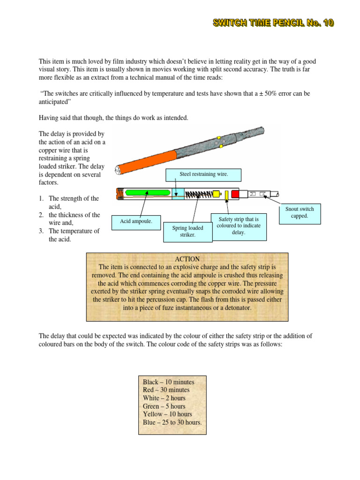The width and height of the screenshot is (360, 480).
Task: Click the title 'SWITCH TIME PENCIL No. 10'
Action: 274,23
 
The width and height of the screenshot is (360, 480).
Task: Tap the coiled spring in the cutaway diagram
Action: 197,193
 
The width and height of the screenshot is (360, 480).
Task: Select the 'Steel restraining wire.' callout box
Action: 204,175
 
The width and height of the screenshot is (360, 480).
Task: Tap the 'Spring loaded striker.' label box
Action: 187,232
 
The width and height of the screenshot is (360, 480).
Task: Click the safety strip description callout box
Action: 239,225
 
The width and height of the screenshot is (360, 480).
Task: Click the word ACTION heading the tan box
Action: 187,259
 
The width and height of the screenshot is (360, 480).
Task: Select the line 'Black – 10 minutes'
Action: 168,382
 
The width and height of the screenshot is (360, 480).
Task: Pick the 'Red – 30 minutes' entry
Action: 166,390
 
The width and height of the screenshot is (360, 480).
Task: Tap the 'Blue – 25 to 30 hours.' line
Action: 172,422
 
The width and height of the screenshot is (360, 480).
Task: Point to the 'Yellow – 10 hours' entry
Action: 167,414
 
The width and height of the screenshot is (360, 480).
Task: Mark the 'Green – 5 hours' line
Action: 164,406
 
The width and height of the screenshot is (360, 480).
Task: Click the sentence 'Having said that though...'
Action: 113,118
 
